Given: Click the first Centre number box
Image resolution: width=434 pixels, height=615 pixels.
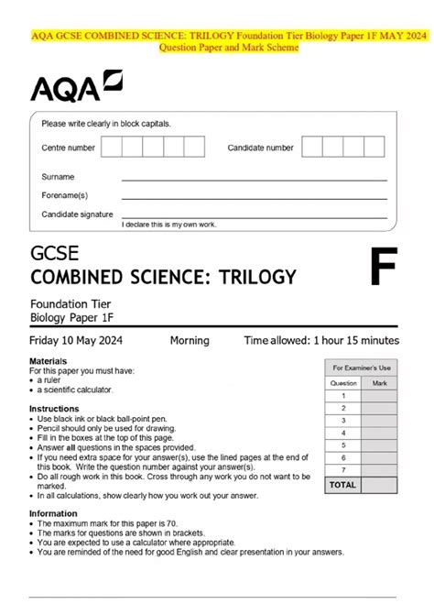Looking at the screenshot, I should click(111, 147).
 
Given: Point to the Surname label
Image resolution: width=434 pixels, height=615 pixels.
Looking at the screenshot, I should click(58, 176).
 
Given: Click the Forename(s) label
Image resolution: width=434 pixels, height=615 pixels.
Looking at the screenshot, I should click(64, 194).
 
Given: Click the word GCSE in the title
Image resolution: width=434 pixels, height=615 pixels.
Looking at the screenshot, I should click(55, 254).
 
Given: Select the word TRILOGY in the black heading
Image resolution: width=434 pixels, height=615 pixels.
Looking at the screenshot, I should click(251, 277).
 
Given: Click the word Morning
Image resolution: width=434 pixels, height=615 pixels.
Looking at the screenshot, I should click(190, 341).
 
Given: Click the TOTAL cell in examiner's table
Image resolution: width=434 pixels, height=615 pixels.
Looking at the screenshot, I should click(343, 484).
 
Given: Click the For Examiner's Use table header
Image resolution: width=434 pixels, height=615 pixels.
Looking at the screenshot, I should click(362, 367).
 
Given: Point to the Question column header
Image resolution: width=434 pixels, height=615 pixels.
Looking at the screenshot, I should click(343, 384).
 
